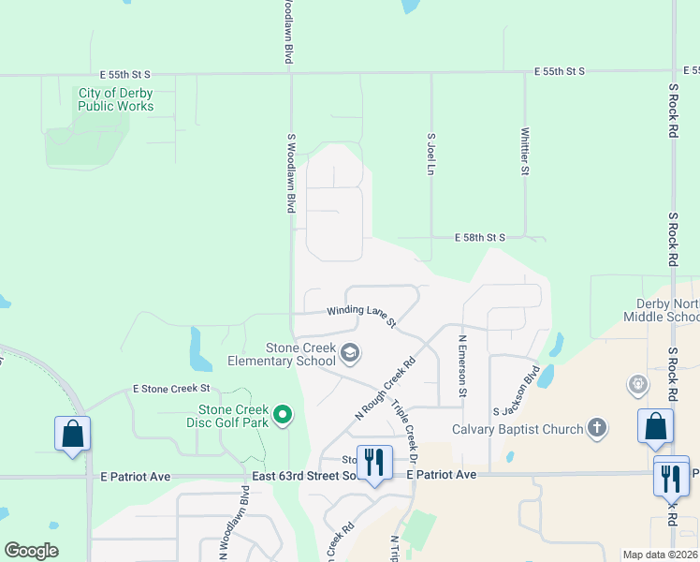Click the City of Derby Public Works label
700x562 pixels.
coord(116,99)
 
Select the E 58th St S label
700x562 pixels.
coord(479,238)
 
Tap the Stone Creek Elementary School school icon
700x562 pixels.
coord(350,353)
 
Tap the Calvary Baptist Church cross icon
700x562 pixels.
coord(596,429)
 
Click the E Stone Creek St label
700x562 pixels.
coord(171,388)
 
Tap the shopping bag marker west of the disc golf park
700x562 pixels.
coord(72,434)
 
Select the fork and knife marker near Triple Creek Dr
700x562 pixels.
coord(373,462)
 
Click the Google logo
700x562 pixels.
coord(31,551)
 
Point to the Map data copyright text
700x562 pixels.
coord(659,555)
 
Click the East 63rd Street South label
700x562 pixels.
coord(305,477)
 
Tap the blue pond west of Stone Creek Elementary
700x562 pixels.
coord(200,349)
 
